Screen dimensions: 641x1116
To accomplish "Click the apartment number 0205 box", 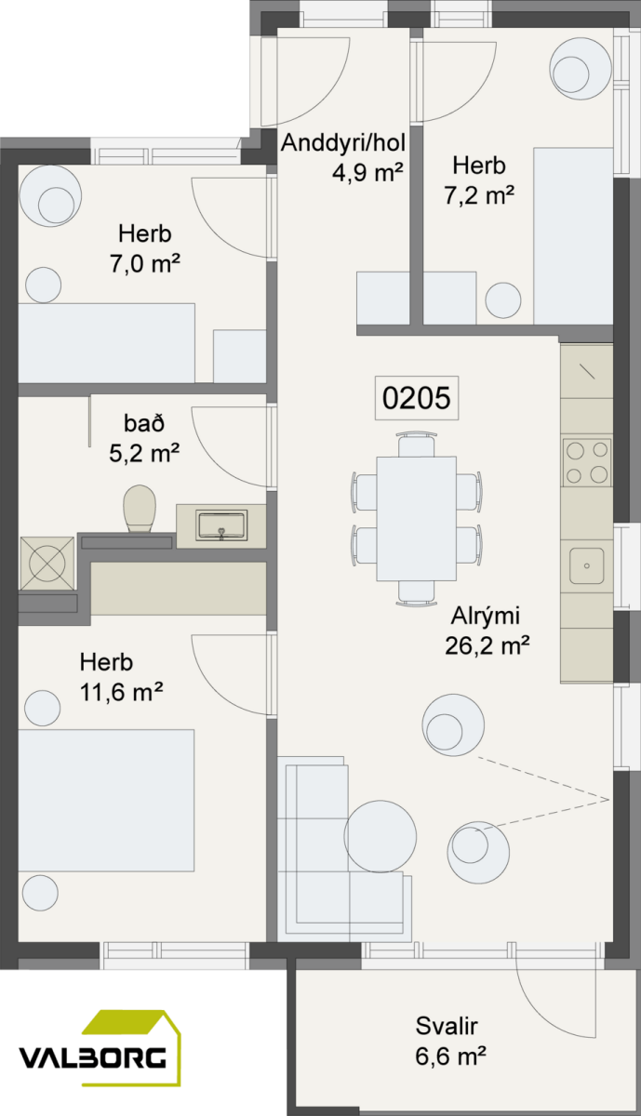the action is pyautogui.click(x=417, y=398).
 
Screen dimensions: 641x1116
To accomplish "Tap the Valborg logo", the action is pyautogui.click(x=100, y=1048).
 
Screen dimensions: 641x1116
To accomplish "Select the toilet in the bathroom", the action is pyautogui.click(x=140, y=509).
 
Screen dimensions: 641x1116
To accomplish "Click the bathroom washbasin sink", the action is pyautogui.click(x=221, y=525).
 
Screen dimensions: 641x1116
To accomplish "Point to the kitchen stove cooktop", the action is pyautogui.click(x=587, y=462).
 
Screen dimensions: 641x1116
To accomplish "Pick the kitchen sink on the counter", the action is pyautogui.click(x=587, y=565).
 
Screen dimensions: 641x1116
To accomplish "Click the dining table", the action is pyautogui.click(x=416, y=518).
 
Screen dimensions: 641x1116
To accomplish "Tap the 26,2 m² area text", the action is pyautogui.click(x=487, y=646).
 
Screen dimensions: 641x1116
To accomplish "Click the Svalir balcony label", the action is pyautogui.click(x=447, y=1026).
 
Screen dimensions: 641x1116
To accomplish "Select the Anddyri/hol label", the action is pyautogui.click(x=343, y=143).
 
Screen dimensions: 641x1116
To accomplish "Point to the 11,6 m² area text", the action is pyautogui.click(x=121, y=692).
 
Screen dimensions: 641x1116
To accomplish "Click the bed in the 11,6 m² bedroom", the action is pyautogui.click(x=106, y=801).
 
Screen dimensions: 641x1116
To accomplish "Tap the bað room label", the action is pyautogui.click(x=144, y=423).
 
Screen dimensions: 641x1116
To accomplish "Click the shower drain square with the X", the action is pyautogui.click(x=47, y=564).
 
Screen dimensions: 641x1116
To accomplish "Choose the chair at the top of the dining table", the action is pyautogui.click(x=417, y=445).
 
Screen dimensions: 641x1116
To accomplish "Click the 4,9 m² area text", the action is pyautogui.click(x=367, y=173).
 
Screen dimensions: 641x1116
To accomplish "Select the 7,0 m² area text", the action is pyautogui.click(x=144, y=263).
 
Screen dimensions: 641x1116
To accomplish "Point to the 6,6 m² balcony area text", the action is pyautogui.click(x=450, y=1056).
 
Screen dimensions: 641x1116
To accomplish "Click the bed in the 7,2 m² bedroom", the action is pyautogui.click(x=573, y=235).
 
